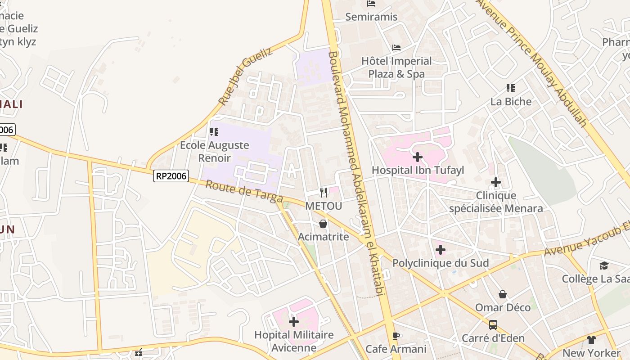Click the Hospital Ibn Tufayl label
(418, 170)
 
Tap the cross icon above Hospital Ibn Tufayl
(418, 157)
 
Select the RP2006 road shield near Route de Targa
(171, 175)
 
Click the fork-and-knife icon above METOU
(324, 193)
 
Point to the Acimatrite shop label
(324, 236)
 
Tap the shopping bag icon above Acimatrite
(323, 223)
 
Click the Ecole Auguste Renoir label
(215, 151)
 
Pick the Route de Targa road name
(244, 191)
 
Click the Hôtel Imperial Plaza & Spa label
(396, 67)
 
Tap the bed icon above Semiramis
(371, 4)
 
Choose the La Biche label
(511, 101)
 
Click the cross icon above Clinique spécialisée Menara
(496, 182)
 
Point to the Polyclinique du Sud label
(441, 263)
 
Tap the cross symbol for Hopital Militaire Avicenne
(294, 321)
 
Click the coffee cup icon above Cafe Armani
(396, 336)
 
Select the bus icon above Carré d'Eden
(493, 324)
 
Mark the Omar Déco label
(503, 307)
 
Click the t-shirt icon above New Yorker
(591, 340)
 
